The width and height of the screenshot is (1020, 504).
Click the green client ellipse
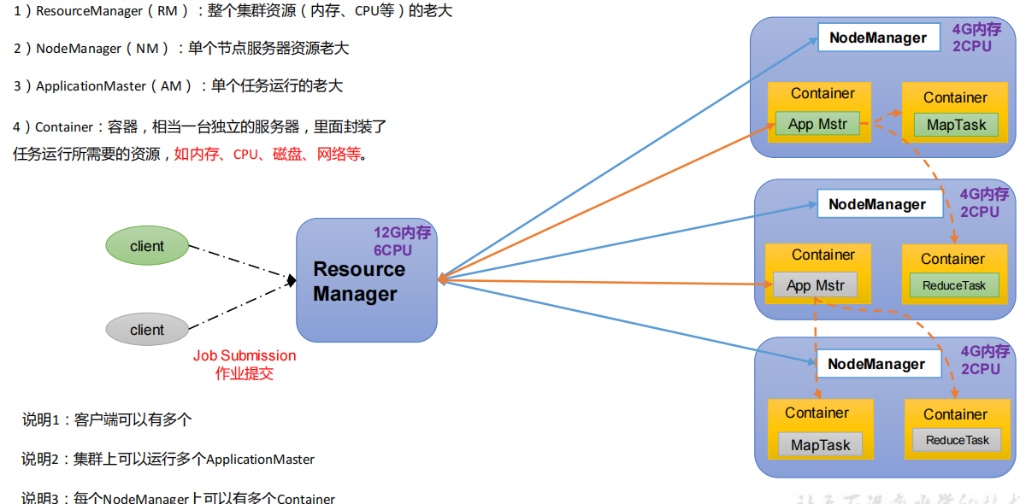tap(147, 246)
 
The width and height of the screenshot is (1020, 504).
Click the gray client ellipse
tap(147, 330)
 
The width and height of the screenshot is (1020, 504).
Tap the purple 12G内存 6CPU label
tap(402, 241)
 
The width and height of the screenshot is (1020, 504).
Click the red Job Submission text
tap(245, 355)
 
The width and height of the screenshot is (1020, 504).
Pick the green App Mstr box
tap(817, 124)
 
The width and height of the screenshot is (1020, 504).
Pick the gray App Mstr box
tap(815, 285)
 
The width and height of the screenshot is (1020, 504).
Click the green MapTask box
tap(956, 125)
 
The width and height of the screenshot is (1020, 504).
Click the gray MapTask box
tap(821, 445)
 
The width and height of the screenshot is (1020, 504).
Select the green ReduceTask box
tap(954, 285)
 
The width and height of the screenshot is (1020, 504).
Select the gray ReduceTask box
tap(957, 440)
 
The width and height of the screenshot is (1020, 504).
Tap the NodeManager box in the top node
tap(877, 38)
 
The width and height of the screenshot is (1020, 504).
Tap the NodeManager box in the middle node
tap(877, 204)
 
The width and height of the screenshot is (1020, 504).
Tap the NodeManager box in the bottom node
tap(876, 364)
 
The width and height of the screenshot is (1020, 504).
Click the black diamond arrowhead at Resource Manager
tap(292, 280)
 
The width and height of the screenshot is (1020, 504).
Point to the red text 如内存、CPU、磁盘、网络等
tap(269, 155)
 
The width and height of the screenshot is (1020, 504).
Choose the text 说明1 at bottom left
tap(39, 419)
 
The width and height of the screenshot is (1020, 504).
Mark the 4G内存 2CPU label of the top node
tap(976, 38)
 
